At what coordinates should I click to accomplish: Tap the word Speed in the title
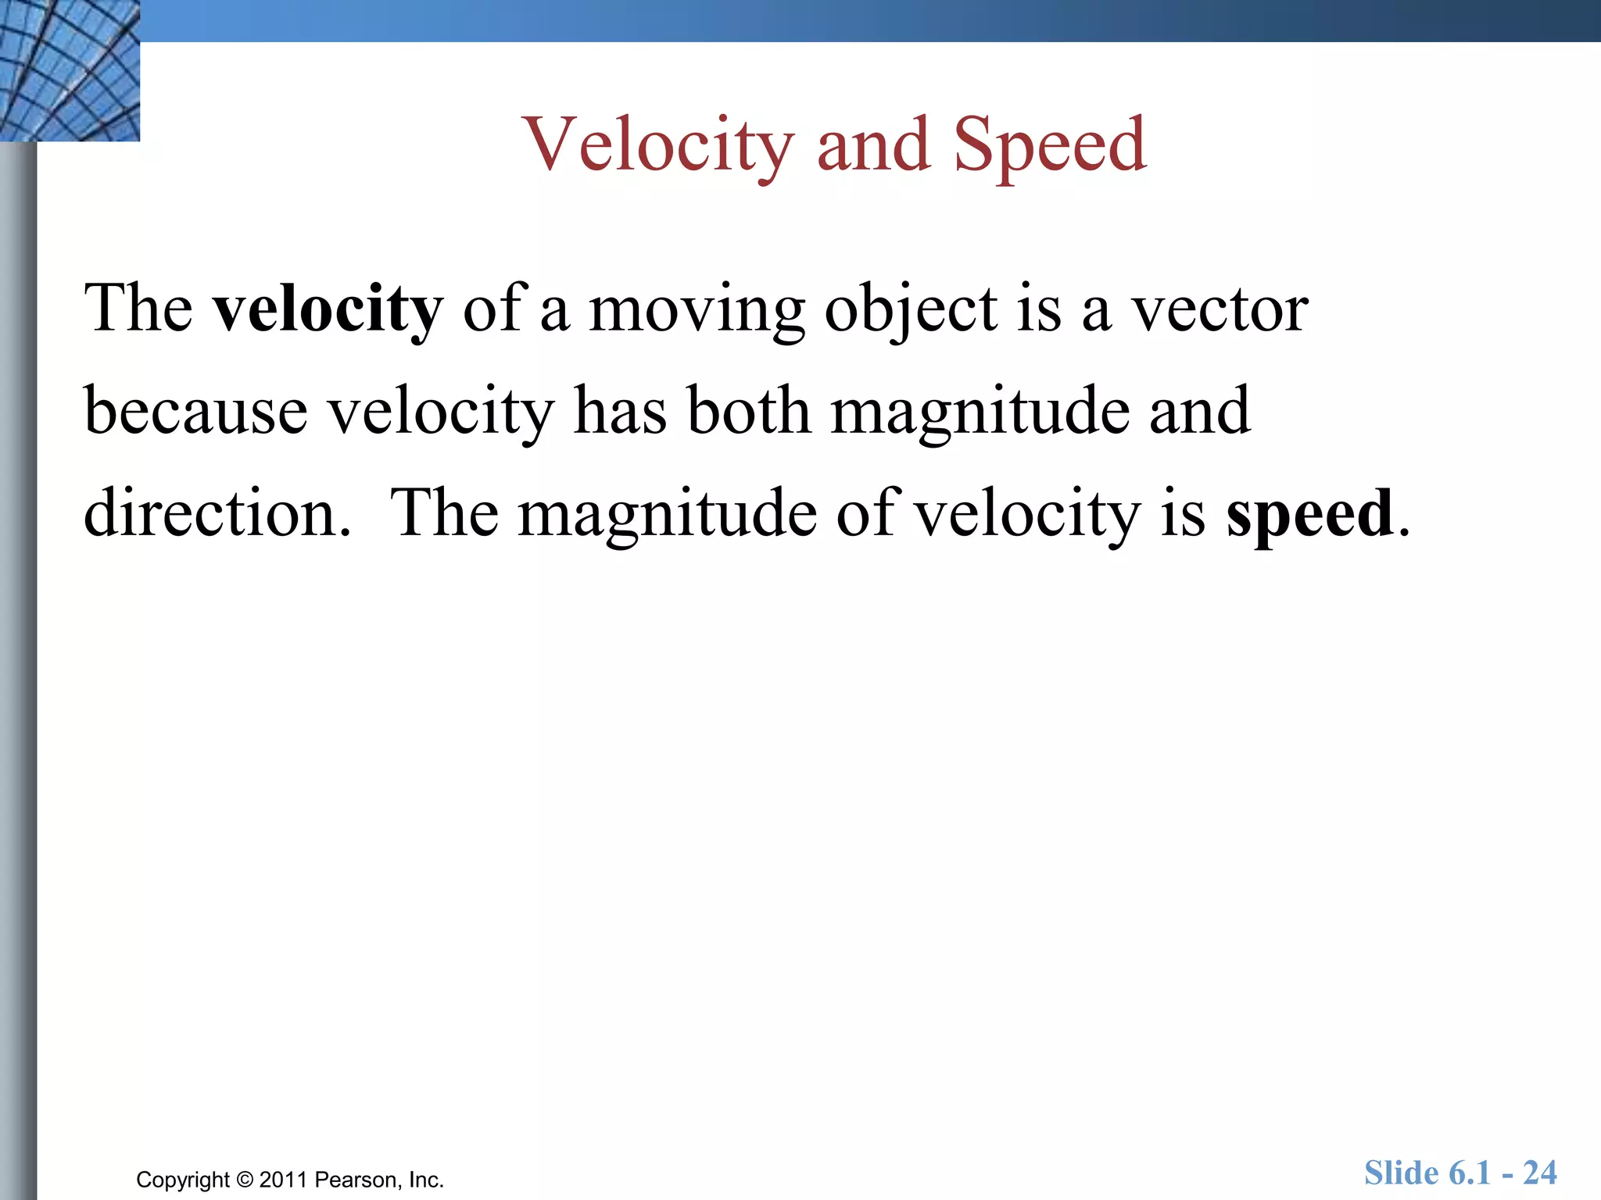tap(1049, 145)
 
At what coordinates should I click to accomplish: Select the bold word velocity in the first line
tap(328, 309)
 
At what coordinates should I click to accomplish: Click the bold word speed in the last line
tap(1310, 514)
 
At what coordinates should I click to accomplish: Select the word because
tap(195, 412)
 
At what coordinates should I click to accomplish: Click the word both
tap(748, 411)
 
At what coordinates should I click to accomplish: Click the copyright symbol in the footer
tap(245, 1180)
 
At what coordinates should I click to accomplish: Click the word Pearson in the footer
tap(358, 1180)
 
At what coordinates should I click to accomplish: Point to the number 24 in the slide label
tap(1539, 1173)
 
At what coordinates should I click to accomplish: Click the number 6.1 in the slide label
tap(1470, 1173)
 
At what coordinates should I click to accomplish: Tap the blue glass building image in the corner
tap(69, 70)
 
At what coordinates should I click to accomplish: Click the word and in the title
tap(873, 145)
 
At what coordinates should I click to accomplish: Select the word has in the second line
tap(619, 411)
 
